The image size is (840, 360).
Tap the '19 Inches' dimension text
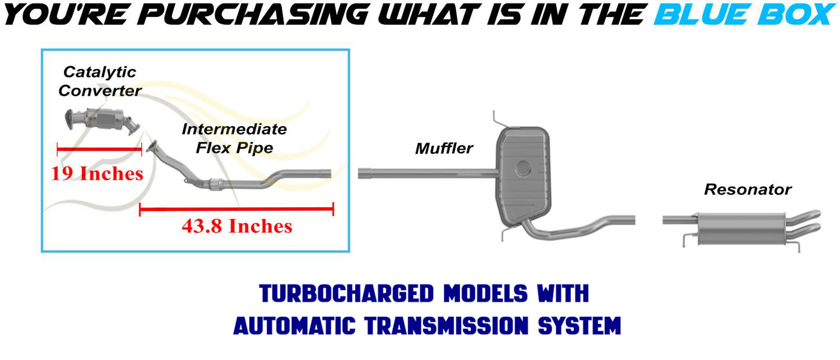point(97,174)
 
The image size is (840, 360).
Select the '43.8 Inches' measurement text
point(237,226)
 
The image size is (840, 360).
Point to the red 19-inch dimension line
point(99,149)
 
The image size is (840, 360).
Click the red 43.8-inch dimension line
point(237,209)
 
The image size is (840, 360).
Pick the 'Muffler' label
point(444,148)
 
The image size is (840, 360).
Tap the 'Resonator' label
point(748,190)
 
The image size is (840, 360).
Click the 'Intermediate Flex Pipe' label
point(234,138)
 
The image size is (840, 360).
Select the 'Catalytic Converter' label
point(100,81)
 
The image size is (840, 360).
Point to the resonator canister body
point(741,228)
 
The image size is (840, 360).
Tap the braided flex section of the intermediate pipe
point(215,184)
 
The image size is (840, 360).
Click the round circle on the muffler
point(523,169)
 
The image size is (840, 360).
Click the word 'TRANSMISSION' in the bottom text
point(446,325)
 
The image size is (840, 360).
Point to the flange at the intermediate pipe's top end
point(152,147)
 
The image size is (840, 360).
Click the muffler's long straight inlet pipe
point(427,174)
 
